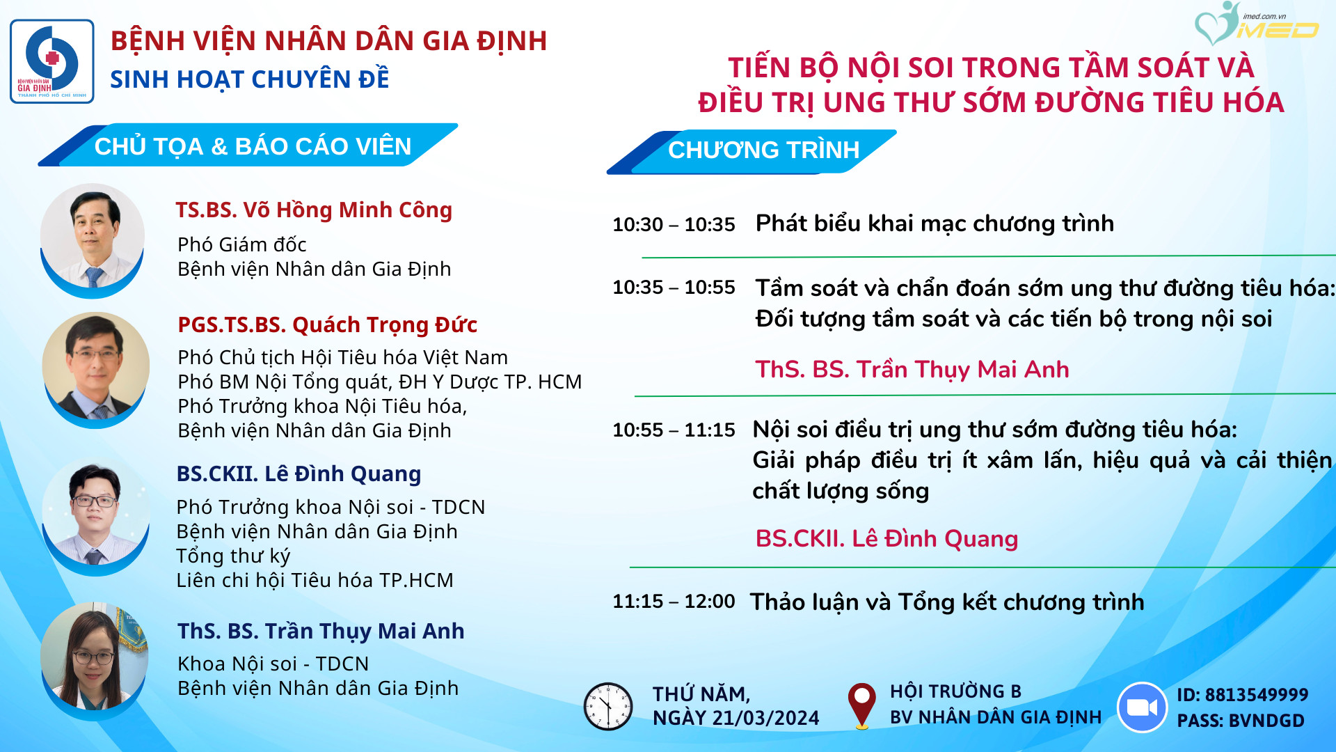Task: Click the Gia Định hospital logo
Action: [52, 61]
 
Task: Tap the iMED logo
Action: [1256, 24]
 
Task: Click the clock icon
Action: [607, 706]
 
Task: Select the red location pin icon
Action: [861, 705]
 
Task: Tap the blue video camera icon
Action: [1142, 707]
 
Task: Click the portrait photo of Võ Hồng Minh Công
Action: [93, 237]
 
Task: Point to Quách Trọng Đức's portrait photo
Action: [96, 367]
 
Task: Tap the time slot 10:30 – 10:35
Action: [674, 224]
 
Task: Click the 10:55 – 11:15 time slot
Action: [674, 430]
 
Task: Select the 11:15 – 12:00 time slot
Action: [674, 601]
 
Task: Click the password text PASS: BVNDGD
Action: [1241, 721]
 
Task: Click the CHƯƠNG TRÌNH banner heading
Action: [764, 150]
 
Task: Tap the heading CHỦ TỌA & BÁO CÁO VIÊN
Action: [253, 146]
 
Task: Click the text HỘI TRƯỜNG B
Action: [955, 691]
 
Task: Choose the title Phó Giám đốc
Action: [242, 244]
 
